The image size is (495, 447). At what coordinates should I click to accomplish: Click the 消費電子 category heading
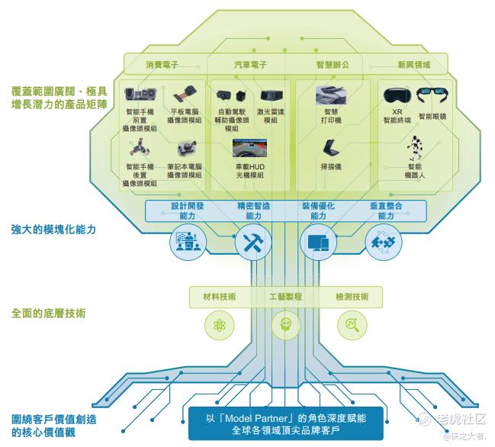click(x=162, y=65)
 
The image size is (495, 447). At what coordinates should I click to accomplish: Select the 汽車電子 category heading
click(x=250, y=65)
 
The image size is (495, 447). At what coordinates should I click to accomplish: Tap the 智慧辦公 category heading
click(x=333, y=65)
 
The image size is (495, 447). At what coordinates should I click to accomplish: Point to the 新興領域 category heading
click(x=414, y=65)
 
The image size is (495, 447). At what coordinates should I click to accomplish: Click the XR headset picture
click(x=397, y=95)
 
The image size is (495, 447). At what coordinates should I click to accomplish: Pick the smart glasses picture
click(x=432, y=95)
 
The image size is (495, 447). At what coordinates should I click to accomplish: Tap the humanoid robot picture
click(x=414, y=148)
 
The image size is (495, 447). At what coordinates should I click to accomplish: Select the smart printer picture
click(x=331, y=95)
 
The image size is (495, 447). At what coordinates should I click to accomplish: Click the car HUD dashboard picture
click(x=249, y=148)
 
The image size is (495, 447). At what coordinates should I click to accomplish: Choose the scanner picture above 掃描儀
click(x=331, y=147)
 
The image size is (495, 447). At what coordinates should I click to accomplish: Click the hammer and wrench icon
click(x=253, y=243)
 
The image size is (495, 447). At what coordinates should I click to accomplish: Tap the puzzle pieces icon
click(x=383, y=243)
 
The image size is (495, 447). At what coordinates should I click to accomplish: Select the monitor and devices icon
click(x=318, y=243)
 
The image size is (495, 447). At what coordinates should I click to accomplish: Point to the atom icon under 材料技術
click(x=220, y=325)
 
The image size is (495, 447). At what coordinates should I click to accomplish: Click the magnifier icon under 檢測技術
click(x=352, y=325)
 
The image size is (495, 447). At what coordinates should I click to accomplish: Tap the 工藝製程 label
click(x=285, y=297)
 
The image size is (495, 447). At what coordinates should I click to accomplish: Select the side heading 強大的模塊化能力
click(x=53, y=230)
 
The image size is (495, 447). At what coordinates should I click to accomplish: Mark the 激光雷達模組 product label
click(x=270, y=116)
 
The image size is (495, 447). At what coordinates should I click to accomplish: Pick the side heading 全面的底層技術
click(x=48, y=314)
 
